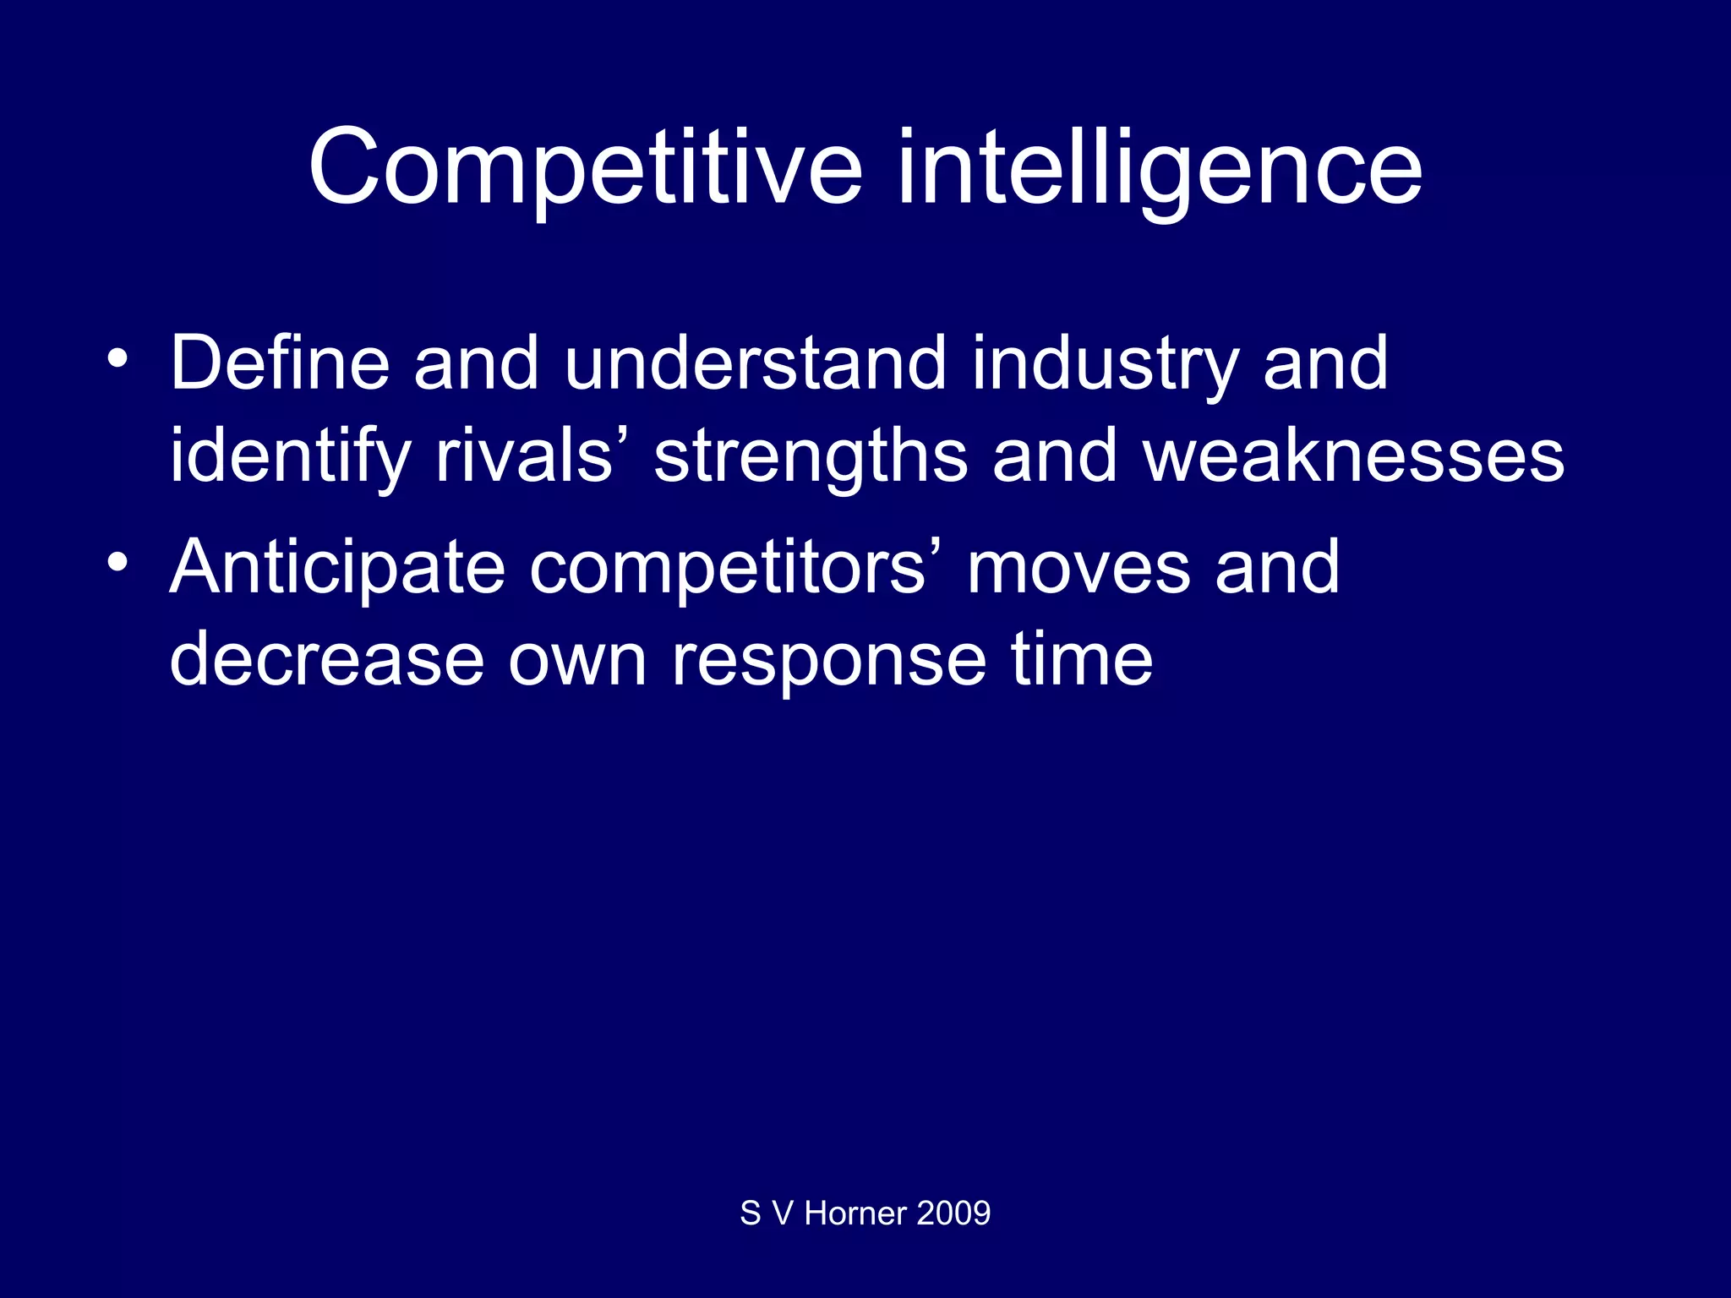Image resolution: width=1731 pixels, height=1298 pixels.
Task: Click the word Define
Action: coord(280,363)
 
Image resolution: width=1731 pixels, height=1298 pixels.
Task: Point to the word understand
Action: coord(755,363)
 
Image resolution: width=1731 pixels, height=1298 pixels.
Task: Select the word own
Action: coord(577,661)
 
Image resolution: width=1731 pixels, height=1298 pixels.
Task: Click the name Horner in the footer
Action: coord(855,1213)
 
